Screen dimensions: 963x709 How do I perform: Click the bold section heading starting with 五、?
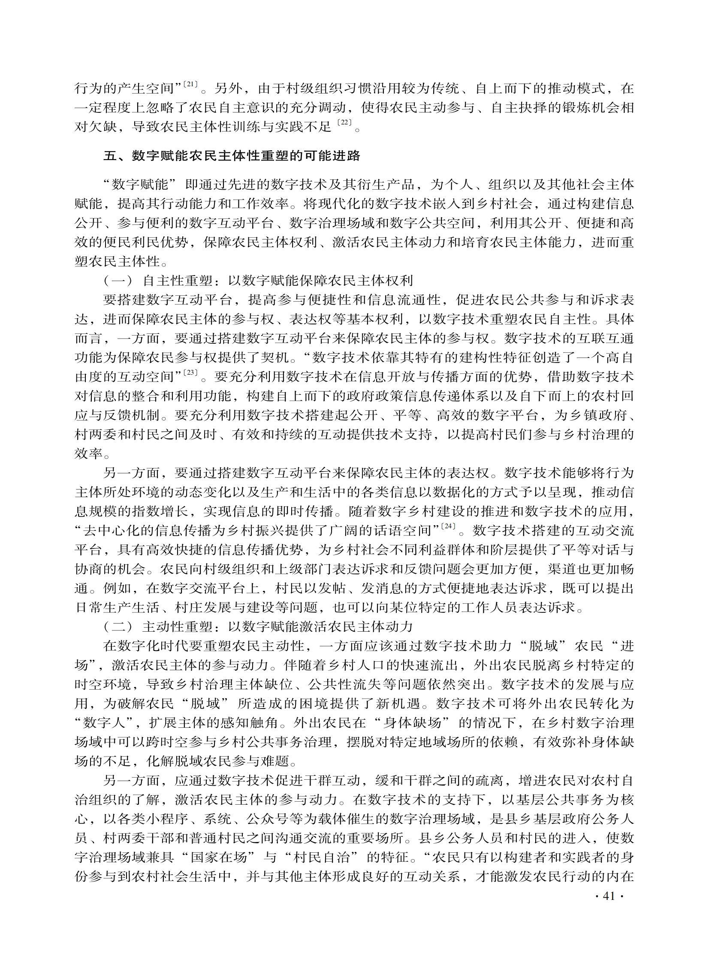232,155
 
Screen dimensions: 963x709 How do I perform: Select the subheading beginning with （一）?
257,281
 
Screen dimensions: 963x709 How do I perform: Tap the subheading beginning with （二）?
257,627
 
